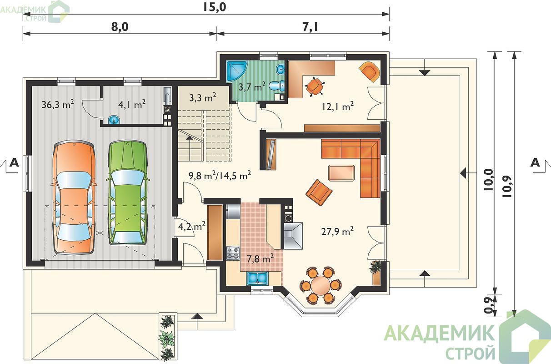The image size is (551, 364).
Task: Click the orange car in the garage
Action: pyautogui.click(x=74, y=197)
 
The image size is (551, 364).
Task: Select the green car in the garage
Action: pyautogui.click(x=128, y=193)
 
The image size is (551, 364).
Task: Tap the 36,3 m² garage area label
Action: pyautogui.click(x=58, y=104)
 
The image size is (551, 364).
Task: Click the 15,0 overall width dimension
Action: pyautogui.click(x=214, y=7)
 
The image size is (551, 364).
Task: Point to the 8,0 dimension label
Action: pyautogui.click(x=120, y=27)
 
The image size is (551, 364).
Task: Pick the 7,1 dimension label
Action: pyautogui.click(x=310, y=27)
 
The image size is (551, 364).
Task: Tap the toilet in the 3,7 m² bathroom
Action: pyautogui.click(x=276, y=86)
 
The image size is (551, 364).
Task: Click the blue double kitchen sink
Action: pyautogui.click(x=257, y=278)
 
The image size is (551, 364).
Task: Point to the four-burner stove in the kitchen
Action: pyautogui.click(x=233, y=253)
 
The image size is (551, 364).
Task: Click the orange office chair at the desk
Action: pyautogui.click(x=315, y=86)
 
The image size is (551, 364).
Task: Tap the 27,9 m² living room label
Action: pyautogui.click(x=337, y=231)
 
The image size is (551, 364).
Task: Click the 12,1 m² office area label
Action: pyautogui.click(x=338, y=106)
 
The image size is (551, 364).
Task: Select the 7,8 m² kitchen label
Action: pyautogui.click(x=260, y=258)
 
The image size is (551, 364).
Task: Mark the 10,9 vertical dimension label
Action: pyautogui.click(x=507, y=187)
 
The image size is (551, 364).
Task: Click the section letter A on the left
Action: pyautogui.click(x=14, y=162)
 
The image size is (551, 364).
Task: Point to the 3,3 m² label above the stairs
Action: pyautogui.click(x=203, y=98)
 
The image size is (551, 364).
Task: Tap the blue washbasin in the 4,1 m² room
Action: pyautogui.click(x=114, y=120)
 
